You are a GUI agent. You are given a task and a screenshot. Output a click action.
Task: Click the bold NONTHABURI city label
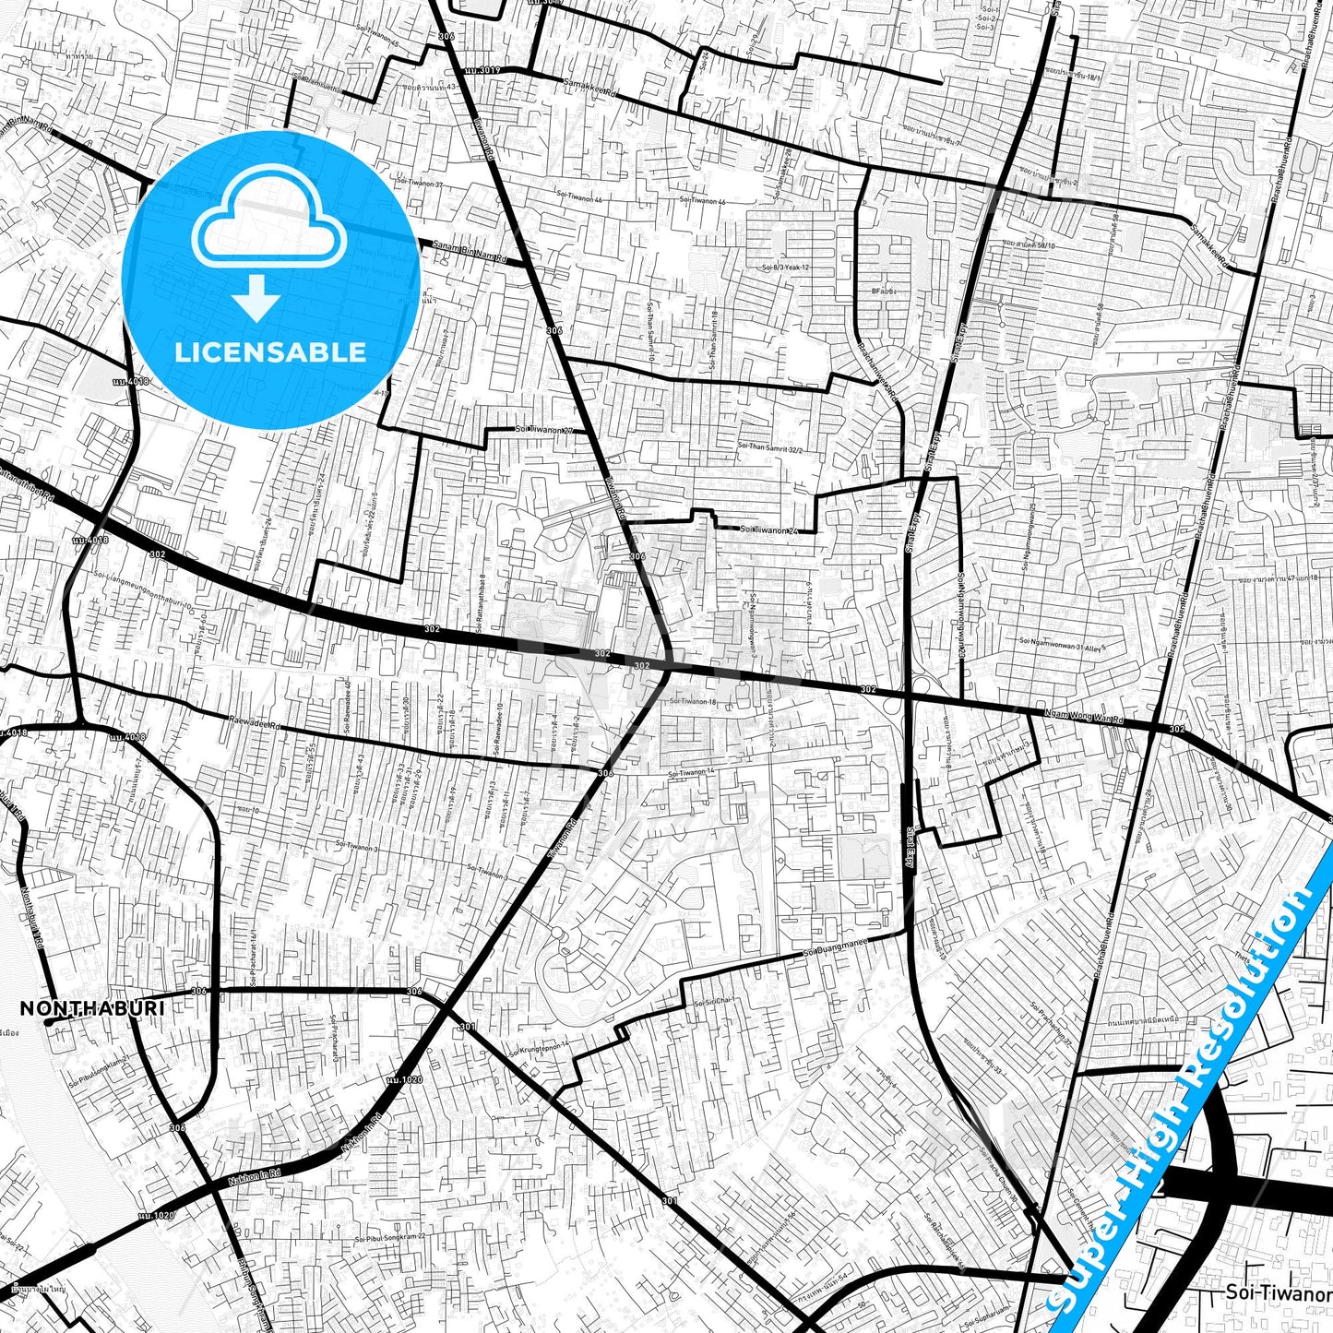pos(92,1008)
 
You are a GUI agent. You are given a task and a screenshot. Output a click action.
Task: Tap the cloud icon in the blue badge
pos(268,221)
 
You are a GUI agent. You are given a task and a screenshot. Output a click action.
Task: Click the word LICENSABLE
pos(270,352)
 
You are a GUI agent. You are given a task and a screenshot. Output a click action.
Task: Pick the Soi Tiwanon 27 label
pos(544,430)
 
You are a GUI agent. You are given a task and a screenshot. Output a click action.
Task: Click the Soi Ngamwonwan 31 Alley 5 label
pos(1062,643)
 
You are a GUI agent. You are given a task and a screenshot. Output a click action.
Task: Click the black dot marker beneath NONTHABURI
pos(47,1022)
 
